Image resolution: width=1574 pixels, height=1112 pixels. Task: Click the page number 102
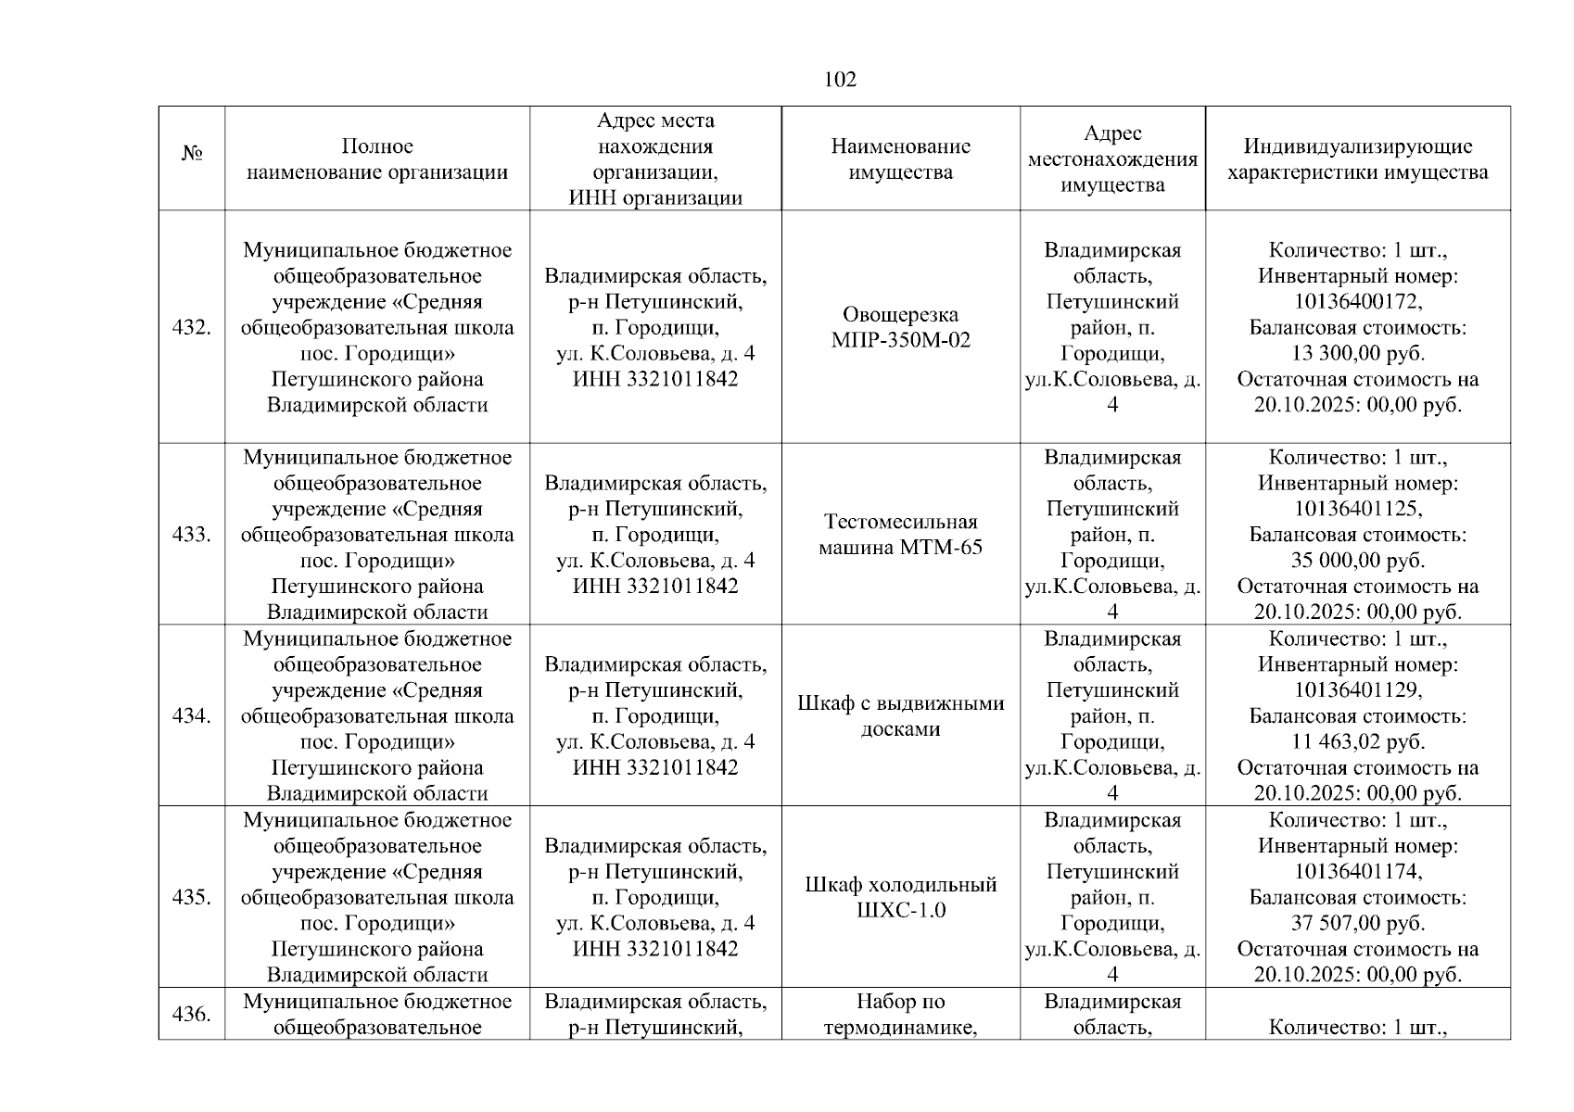point(840,80)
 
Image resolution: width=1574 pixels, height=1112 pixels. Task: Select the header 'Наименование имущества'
point(900,158)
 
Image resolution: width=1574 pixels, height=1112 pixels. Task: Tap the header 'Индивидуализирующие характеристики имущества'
point(1357,158)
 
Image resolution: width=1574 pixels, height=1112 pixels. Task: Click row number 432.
point(192,327)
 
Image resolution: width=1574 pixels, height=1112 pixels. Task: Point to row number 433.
point(192,535)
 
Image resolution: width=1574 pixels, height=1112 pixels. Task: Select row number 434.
point(192,715)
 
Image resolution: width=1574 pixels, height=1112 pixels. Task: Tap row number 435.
point(192,897)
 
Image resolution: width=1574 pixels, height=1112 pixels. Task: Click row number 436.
point(192,1014)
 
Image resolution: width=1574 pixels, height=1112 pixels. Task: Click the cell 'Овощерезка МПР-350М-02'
point(900,327)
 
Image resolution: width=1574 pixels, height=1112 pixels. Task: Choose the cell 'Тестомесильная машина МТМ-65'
point(900,535)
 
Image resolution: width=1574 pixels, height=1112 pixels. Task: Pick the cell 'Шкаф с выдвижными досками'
point(900,715)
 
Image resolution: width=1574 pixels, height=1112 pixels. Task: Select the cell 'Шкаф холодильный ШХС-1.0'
point(900,897)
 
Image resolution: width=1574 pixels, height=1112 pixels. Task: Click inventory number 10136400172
point(1357,302)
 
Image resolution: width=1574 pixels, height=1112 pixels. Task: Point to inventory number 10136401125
point(1357,509)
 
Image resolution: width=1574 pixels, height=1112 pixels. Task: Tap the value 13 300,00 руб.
point(1357,353)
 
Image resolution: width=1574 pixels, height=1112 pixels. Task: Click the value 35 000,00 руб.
point(1357,561)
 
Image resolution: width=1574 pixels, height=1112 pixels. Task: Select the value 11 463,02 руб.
point(1357,741)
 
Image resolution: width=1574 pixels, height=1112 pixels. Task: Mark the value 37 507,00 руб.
point(1357,923)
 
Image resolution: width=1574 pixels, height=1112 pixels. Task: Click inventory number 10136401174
point(1357,872)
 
